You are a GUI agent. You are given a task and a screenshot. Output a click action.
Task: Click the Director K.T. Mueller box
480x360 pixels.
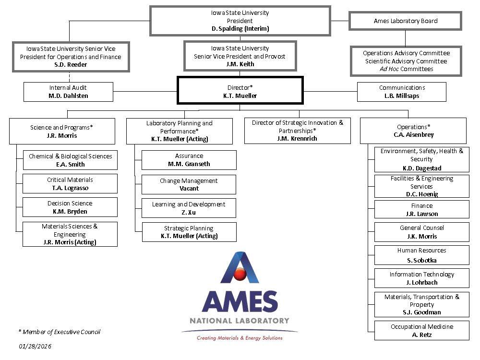point(240,91)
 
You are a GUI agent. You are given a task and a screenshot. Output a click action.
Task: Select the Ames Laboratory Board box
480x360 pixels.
point(405,21)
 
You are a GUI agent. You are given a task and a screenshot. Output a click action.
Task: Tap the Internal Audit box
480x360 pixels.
point(69,91)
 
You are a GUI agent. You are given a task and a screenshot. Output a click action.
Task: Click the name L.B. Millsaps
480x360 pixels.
point(402,96)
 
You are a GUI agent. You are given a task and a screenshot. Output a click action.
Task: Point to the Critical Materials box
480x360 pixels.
point(70,183)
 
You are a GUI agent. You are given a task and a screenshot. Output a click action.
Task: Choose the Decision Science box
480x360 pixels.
point(70,207)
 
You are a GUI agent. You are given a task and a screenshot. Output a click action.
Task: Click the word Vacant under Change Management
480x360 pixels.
point(189,189)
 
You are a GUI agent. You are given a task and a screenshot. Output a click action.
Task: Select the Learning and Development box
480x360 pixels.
point(189,208)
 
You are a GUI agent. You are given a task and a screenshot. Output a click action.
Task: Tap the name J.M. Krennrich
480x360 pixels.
point(297,139)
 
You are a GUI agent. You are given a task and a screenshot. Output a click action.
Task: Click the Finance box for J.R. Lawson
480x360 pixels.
point(422,209)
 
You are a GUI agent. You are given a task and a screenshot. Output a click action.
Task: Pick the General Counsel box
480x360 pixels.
point(422,232)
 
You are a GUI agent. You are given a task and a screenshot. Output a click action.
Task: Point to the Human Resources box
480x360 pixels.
point(422,255)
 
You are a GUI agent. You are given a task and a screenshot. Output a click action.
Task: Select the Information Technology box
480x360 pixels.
point(422,278)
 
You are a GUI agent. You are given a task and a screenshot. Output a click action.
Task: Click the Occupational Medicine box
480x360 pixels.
point(422,330)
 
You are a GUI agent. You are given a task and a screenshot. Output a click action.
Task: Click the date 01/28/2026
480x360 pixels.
point(35,346)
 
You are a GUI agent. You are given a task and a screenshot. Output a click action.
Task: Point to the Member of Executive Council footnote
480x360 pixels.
point(59,332)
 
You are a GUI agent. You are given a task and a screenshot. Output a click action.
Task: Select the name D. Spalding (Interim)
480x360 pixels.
point(240,29)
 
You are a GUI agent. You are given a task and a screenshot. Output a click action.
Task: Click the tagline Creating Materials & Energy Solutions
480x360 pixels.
point(240,338)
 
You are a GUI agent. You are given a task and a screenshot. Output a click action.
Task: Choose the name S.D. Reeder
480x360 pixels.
point(71,65)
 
